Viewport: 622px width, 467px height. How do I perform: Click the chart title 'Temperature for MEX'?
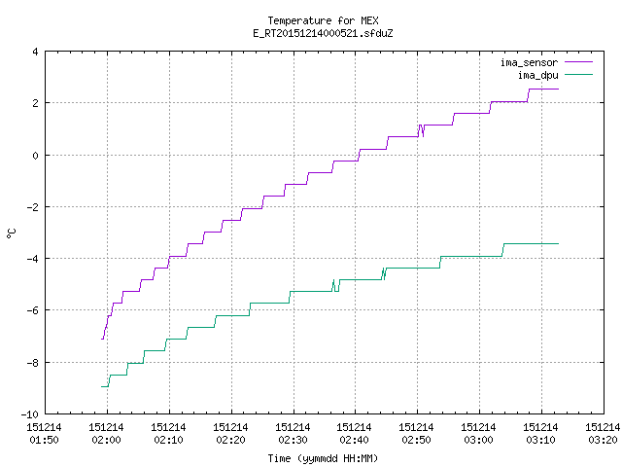[323, 20]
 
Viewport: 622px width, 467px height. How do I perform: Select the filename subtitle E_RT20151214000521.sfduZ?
[323, 33]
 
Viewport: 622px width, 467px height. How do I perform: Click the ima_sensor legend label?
[529, 62]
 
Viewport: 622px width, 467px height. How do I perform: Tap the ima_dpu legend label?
[537, 75]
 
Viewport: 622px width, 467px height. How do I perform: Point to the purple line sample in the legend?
[578, 62]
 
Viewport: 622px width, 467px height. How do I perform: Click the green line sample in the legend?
[578, 74]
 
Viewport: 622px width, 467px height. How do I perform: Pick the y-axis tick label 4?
[35, 52]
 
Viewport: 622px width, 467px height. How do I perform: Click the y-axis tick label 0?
[35, 156]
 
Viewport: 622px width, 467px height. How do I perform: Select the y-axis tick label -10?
[30, 414]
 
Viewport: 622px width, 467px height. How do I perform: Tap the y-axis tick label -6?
[32, 310]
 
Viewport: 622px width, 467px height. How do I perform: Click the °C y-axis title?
[12, 233]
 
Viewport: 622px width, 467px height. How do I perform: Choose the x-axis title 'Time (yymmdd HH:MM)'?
[323, 458]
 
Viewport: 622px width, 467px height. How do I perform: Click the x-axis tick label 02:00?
[106, 440]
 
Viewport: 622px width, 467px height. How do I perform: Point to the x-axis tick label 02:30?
[293, 440]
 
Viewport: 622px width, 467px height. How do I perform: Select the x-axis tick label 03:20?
[603, 440]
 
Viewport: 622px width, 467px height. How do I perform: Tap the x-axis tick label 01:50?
[44, 440]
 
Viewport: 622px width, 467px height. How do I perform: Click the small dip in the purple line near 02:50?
[423, 136]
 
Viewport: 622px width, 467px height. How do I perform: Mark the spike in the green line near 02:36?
[333, 280]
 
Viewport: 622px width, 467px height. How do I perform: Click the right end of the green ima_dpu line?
[559, 243]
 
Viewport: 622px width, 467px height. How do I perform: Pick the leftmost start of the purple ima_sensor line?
[102, 339]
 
